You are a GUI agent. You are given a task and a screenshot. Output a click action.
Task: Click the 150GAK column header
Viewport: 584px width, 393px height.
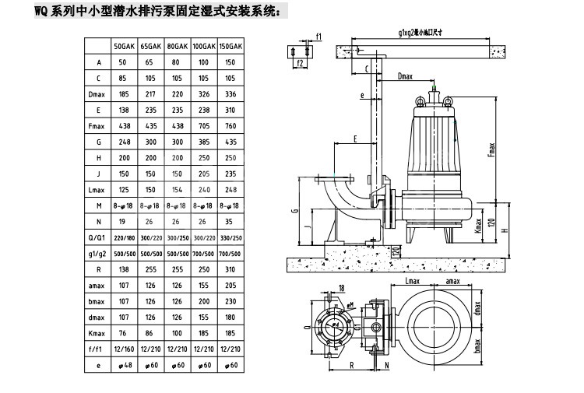coord(232,47)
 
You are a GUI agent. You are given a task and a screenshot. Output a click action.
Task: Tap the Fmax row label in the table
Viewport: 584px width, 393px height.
coord(99,125)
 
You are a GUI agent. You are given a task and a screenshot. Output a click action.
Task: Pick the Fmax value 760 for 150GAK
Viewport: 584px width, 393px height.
coord(232,125)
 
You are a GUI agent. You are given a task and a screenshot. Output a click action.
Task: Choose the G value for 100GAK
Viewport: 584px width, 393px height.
coord(205,142)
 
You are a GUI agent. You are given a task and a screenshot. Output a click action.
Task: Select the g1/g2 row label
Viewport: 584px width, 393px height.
coord(99,254)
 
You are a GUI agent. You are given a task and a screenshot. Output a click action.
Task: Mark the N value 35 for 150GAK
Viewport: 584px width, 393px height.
coord(232,222)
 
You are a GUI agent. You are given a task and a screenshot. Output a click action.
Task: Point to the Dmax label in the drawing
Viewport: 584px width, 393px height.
coord(405,77)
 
